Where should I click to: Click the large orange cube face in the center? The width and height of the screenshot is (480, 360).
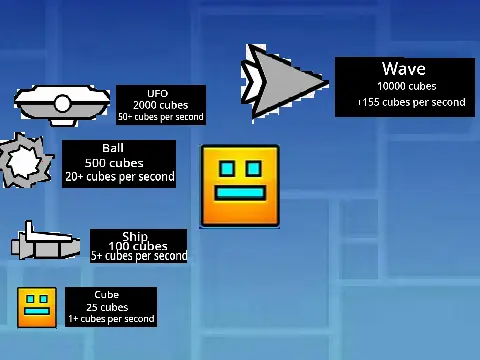(240, 186)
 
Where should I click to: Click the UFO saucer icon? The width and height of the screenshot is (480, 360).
(62, 103)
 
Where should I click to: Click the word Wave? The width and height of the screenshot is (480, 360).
(403, 69)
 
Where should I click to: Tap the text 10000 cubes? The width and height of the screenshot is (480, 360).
(407, 86)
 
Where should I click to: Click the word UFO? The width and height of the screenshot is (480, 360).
(158, 94)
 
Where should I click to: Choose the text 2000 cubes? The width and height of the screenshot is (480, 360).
(160, 105)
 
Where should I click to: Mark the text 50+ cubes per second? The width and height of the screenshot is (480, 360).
(160, 117)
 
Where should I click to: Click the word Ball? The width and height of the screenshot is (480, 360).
(113, 149)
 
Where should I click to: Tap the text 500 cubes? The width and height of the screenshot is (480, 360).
(114, 163)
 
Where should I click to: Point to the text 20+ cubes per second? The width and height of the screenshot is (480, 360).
(119, 177)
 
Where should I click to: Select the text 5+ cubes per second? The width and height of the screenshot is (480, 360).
(139, 256)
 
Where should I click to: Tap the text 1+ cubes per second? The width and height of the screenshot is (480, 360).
(111, 319)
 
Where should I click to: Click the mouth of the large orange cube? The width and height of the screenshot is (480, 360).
(240, 194)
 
